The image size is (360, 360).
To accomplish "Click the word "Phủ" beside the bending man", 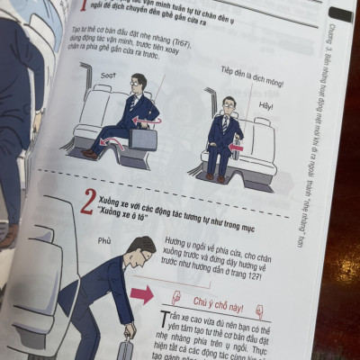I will tap(104, 241).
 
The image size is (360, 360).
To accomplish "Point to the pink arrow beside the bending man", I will tap(141, 294).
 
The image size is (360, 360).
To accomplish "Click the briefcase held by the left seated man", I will tap(142, 138).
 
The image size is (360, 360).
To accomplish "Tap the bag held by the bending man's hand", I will tap(127, 349).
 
